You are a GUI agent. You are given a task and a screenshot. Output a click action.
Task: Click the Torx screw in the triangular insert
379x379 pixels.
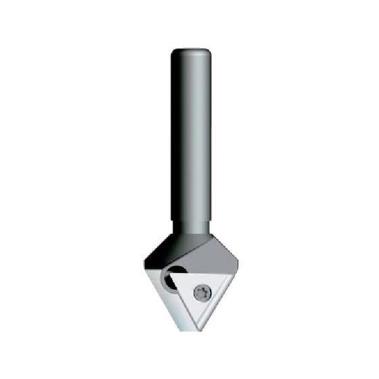(201, 293)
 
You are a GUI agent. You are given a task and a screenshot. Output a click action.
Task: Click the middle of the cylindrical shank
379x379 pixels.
(190, 135)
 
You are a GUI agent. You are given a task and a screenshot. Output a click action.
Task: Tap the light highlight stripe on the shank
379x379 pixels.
(196, 135)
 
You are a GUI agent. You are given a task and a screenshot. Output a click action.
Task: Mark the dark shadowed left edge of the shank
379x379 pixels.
(175, 135)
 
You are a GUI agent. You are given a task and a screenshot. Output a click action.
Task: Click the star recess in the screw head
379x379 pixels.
(201, 293)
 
